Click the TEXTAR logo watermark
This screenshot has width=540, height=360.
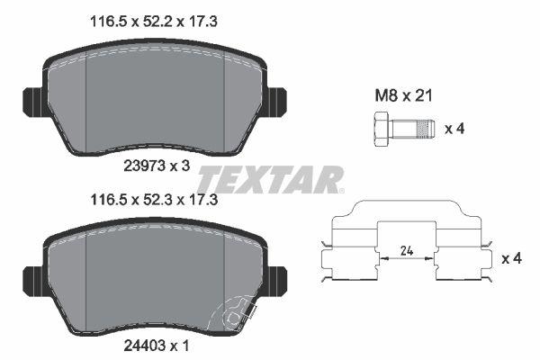pyautogui.click(x=271, y=179)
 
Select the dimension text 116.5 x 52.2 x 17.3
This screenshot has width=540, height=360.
pyautogui.click(x=154, y=22)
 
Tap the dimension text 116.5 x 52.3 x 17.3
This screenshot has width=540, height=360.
pyautogui.click(x=154, y=200)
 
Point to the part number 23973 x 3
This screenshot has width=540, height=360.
pyautogui.click(x=157, y=166)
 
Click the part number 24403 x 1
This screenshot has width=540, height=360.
pyautogui.click(x=157, y=346)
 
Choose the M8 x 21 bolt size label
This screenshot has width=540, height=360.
pyautogui.click(x=403, y=95)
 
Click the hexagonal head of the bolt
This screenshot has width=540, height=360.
pyautogui.click(x=382, y=130)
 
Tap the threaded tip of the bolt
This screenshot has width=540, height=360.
pyautogui.click(x=425, y=129)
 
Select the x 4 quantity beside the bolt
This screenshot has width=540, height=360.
pyautogui.click(x=454, y=129)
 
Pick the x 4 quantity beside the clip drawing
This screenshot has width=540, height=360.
pyautogui.click(x=512, y=258)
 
